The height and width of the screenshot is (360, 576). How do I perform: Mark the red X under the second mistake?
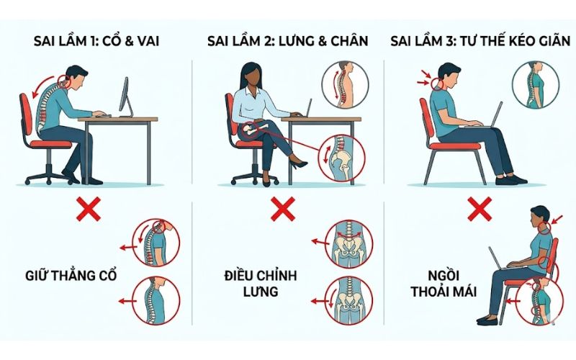click(x=282, y=210)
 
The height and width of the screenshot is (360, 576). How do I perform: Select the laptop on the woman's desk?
click(x=307, y=108)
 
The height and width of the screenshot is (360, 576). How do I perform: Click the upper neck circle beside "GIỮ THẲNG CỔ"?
click(x=153, y=243)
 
